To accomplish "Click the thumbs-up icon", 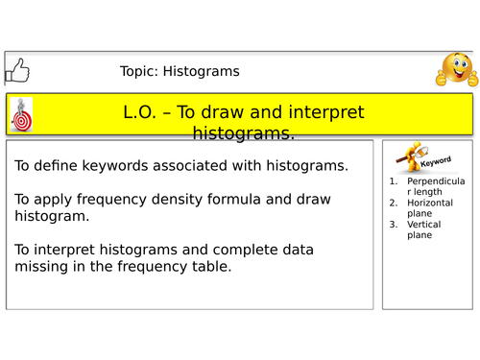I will coord(16,70).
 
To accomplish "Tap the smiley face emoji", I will coord(456,70).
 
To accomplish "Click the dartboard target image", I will coord(21,115).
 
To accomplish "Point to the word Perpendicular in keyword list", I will coord(435,180).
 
